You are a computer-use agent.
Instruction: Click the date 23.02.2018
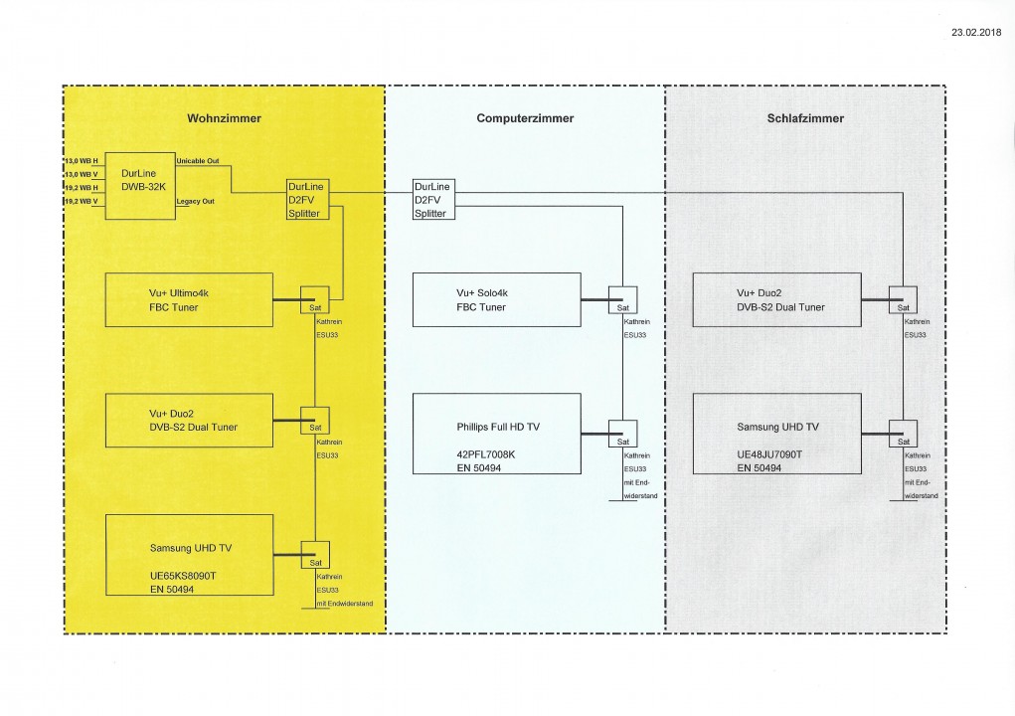click(x=975, y=33)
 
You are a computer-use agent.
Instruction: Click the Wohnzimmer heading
click(x=225, y=118)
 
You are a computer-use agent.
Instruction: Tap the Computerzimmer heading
click(x=525, y=118)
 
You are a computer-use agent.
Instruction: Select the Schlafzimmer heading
click(x=805, y=118)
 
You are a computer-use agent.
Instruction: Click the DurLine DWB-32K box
click(x=139, y=186)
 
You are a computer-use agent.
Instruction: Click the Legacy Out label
click(x=195, y=201)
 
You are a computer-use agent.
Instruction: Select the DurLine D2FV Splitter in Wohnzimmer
click(x=304, y=200)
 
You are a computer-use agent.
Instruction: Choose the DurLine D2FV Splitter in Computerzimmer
click(x=433, y=200)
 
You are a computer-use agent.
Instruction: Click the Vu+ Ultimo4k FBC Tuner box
click(x=188, y=300)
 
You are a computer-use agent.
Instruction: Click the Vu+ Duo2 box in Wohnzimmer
click(x=188, y=421)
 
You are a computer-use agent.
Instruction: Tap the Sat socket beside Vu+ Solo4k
click(x=622, y=302)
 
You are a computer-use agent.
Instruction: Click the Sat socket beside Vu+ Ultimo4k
click(x=315, y=302)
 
